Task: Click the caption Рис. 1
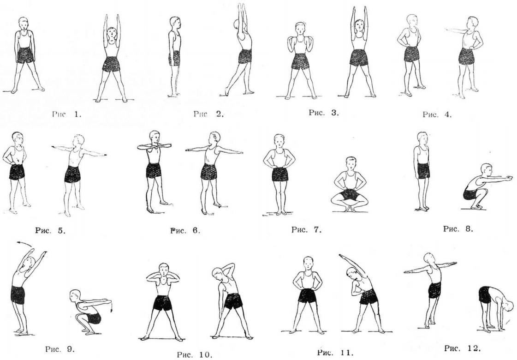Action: [x=66, y=114]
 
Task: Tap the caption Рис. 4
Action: [x=437, y=114]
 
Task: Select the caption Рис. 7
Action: [x=306, y=230]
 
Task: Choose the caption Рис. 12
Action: [x=462, y=348]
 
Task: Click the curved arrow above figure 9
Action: [x=25, y=244]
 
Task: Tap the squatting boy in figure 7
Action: [x=350, y=184]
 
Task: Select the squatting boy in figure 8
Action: [x=487, y=186]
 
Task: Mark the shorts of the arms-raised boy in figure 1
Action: [x=111, y=64]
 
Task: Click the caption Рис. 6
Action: [x=185, y=230]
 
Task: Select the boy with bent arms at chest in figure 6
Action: [x=154, y=172]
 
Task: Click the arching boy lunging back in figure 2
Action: [x=239, y=49]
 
